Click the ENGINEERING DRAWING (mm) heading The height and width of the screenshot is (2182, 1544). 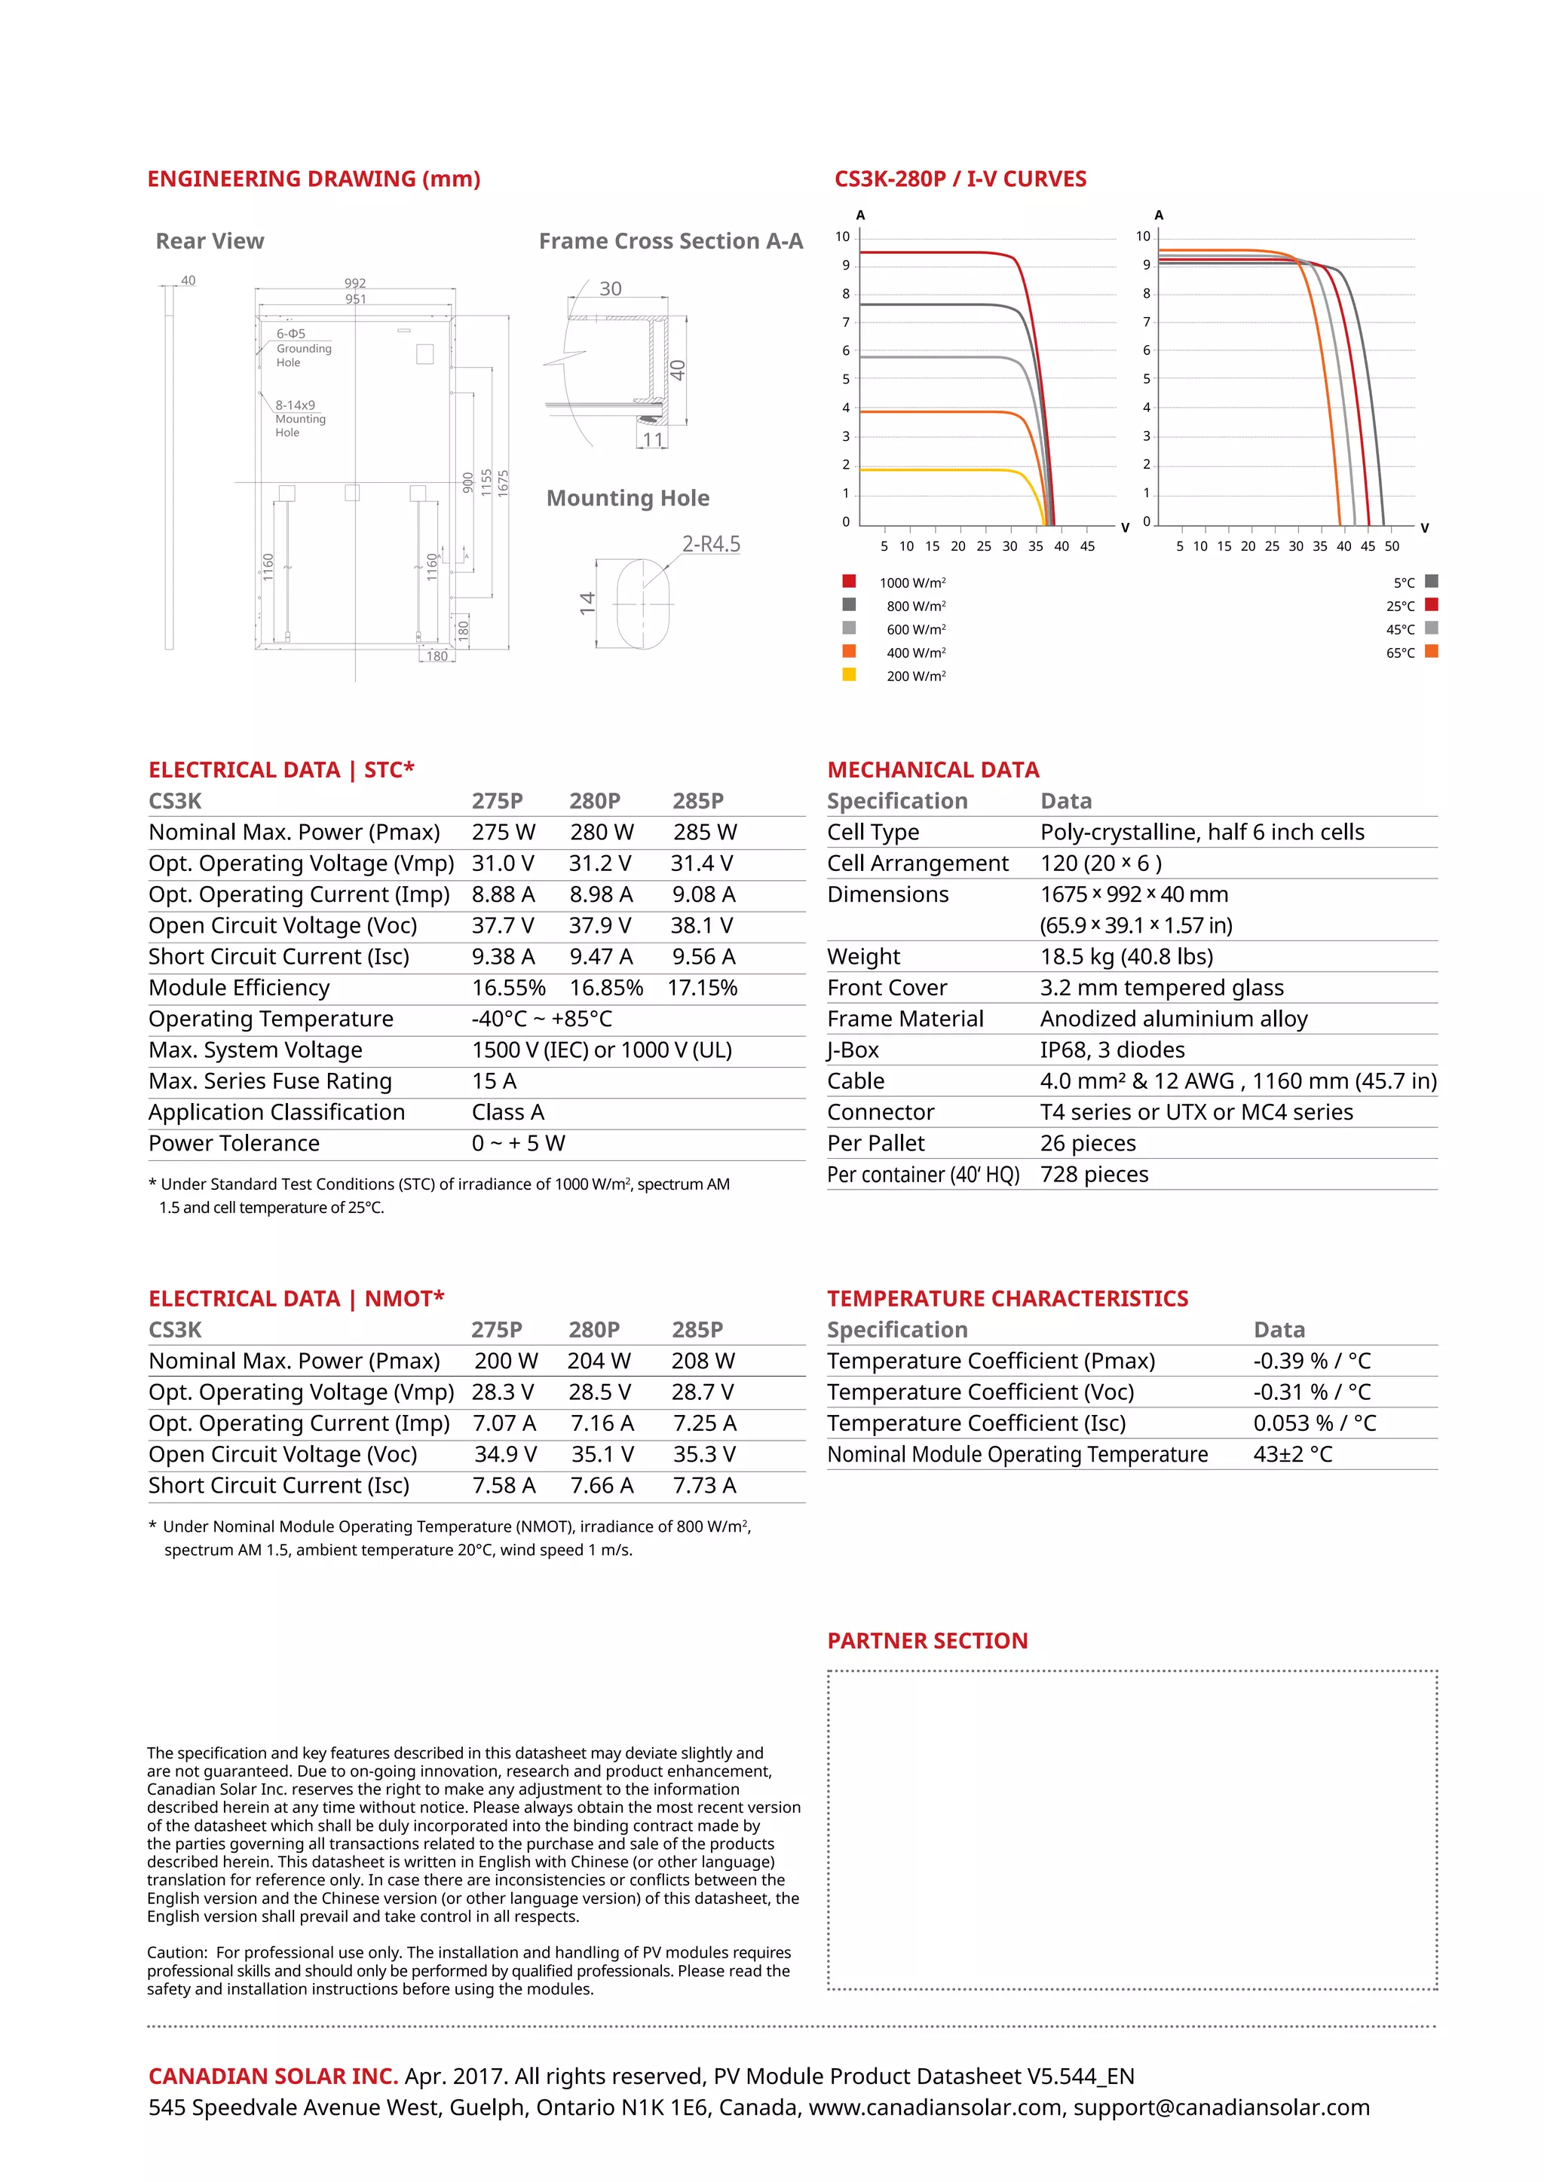(314, 179)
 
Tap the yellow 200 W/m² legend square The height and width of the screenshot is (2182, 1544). (849, 675)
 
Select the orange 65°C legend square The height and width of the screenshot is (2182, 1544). (1432, 652)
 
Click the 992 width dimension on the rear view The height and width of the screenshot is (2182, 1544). (354, 283)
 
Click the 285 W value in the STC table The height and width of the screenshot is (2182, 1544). (704, 832)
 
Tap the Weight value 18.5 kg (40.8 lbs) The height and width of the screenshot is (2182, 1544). (1126, 956)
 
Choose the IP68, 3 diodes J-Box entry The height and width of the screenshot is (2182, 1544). (1111, 1050)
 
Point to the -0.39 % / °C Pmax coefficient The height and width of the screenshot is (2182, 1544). (1311, 1360)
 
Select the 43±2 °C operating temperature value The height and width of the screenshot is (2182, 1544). (1292, 1454)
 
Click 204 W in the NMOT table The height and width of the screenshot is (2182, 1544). (599, 1360)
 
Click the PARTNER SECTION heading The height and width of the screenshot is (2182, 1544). (927, 1640)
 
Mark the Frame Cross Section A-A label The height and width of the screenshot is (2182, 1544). (670, 241)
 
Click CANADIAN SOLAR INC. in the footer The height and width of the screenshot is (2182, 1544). (273, 2076)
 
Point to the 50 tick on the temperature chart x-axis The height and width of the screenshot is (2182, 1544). (1391, 546)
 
